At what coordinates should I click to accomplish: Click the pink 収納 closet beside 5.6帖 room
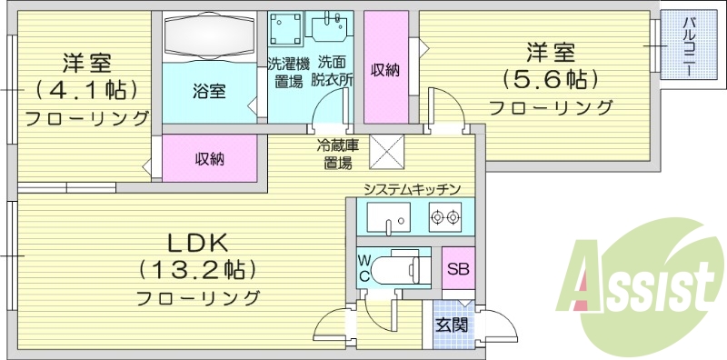386,69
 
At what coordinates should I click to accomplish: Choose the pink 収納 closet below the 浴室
209,159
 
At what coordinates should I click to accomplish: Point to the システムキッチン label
412,189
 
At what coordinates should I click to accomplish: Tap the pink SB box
457,270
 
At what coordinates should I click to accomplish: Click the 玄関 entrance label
450,325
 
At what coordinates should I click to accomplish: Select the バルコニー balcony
688,45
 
